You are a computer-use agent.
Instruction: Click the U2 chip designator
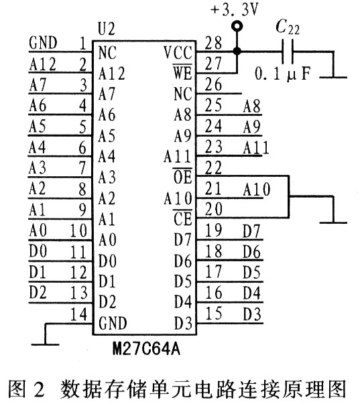tap(106, 29)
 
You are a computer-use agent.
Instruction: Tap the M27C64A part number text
tap(146, 349)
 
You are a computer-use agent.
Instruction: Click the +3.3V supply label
tap(234, 10)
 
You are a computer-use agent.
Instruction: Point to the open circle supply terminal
tap(237, 26)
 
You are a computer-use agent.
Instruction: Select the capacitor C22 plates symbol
tap(288, 52)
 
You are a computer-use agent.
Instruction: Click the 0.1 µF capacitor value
tap(283, 74)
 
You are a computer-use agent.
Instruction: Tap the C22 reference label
tap(288, 27)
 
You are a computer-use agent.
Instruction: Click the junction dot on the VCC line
tap(237, 51)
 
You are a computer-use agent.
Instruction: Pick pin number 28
tap(213, 43)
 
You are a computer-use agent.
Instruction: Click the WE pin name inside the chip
tap(182, 72)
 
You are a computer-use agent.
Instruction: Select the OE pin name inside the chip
tap(182, 177)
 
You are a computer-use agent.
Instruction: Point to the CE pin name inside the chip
tap(182, 218)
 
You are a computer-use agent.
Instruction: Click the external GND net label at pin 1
tap(43, 43)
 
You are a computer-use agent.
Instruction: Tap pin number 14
tap(79, 314)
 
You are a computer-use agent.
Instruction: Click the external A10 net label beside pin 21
tap(257, 190)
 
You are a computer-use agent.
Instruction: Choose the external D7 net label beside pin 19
tap(251, 231)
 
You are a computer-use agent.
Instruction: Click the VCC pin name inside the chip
tap(178, 52)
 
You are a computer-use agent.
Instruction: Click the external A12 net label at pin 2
tap(42, 64)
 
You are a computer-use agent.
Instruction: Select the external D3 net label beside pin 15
tap(252, 314)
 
